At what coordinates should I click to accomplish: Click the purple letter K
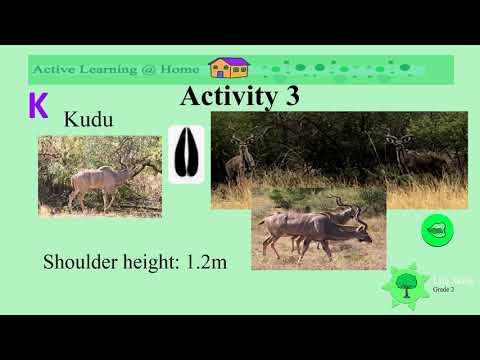click(x=38, y=105)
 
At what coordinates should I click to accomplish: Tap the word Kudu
click(x=88, y=120)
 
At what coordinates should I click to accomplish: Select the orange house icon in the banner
click(x=228, y=68)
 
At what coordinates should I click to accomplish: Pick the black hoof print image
click(x=186, y=155)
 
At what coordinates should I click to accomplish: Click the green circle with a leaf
click(x=437, y=230)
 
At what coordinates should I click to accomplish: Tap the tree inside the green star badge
click(x=406, y=285)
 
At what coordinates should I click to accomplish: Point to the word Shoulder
click(x=79, y=263)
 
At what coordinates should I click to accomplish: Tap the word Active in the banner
click(x=54, y=70)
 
